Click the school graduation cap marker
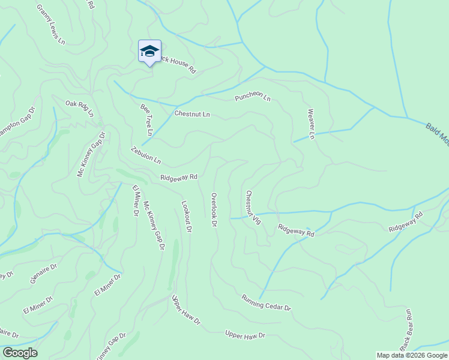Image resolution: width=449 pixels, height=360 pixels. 149,52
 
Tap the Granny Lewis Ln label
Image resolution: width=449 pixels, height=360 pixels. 50,25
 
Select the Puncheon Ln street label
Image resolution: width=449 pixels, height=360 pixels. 253,98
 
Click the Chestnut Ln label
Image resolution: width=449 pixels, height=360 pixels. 192,114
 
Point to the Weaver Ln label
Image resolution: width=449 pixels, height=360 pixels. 311,124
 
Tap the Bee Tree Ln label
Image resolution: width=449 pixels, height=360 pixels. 146,119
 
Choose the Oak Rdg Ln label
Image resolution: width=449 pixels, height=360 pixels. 80,109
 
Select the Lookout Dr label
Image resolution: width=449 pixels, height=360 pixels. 186,217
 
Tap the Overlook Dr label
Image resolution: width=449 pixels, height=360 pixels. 214,210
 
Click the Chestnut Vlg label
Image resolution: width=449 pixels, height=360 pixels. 253,208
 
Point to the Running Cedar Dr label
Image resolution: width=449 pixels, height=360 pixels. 266,302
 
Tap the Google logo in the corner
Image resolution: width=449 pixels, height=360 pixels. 20,353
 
